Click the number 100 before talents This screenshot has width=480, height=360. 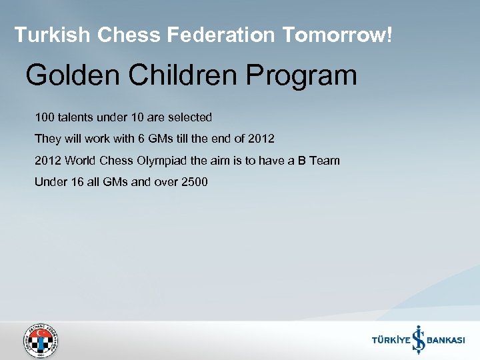pos(44,117)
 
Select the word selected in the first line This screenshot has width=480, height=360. pos(189,117)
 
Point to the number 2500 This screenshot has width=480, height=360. pos(194,181)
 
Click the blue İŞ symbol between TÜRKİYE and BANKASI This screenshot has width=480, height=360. pos(418,339)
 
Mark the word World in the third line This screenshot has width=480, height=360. pos(80,160)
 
